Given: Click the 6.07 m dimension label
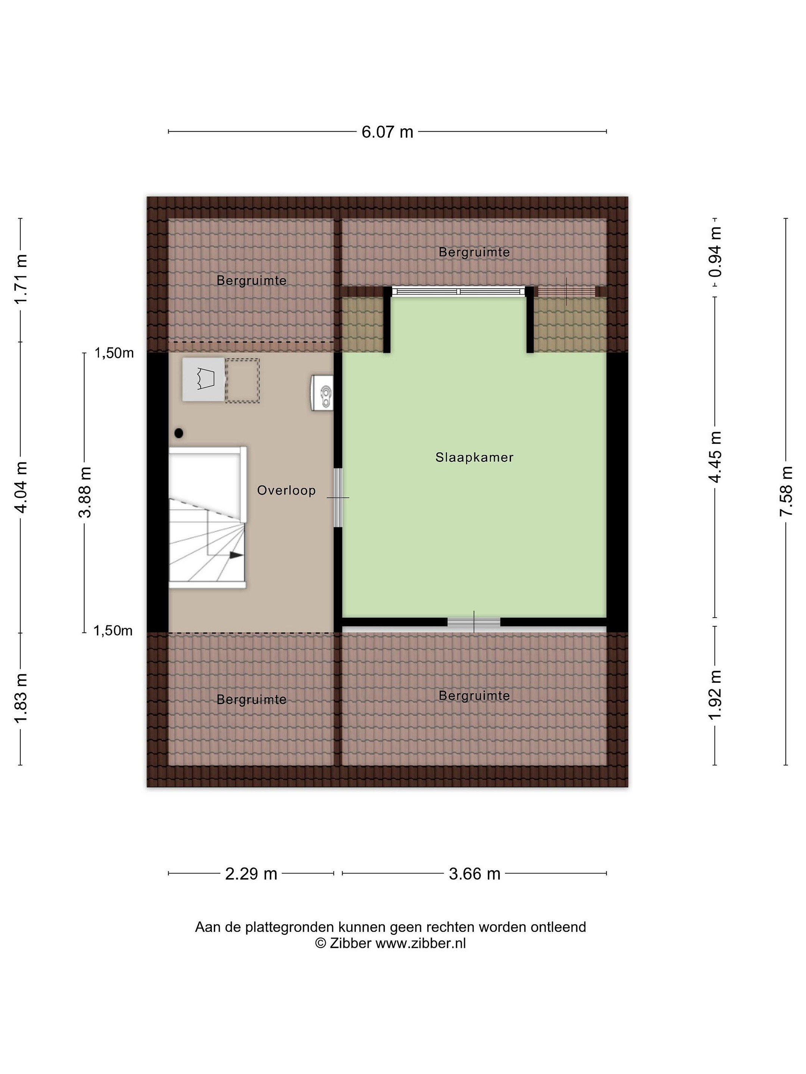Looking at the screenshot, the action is click(387, 132).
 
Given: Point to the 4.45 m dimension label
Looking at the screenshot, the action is click(715, 457).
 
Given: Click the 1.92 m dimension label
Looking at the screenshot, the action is click(715, 695).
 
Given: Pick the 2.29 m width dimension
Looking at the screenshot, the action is click(251, 874).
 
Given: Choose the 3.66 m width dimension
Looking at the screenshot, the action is click(474, 874).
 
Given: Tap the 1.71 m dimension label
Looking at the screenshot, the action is click(21, 279).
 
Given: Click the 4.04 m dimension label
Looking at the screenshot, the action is click(21, 487).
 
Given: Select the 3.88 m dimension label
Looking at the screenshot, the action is click(85, 492).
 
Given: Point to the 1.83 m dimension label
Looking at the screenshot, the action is click(21, 698).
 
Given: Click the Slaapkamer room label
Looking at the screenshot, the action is click(474, 457).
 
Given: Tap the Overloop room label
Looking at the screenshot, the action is click(286, 490).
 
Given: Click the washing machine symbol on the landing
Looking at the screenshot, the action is click(204, 380).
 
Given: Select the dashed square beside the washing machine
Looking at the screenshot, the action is click(243, 381).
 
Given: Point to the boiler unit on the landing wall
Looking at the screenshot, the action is click(322, 393).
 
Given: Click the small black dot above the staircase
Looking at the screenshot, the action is click(179, 433).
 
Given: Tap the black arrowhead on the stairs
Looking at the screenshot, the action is click(236, 555).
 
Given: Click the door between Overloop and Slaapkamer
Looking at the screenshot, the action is click(338, 498).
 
